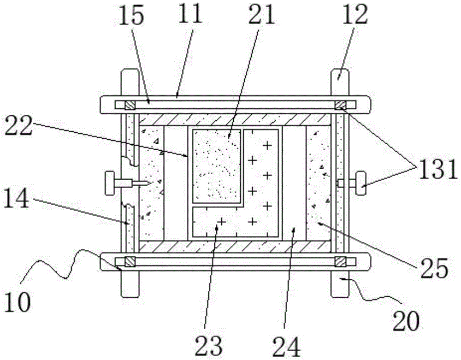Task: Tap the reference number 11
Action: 189,14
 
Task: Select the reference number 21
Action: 261,14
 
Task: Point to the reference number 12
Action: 355,14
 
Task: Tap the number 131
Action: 438,170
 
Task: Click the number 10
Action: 18,302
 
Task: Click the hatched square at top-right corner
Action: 341,105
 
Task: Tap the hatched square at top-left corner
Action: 130,105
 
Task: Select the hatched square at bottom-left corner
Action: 130,261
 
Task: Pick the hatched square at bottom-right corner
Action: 341,261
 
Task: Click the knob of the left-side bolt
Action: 110,183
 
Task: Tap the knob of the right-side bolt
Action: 361,183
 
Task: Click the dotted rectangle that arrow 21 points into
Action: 217,166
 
